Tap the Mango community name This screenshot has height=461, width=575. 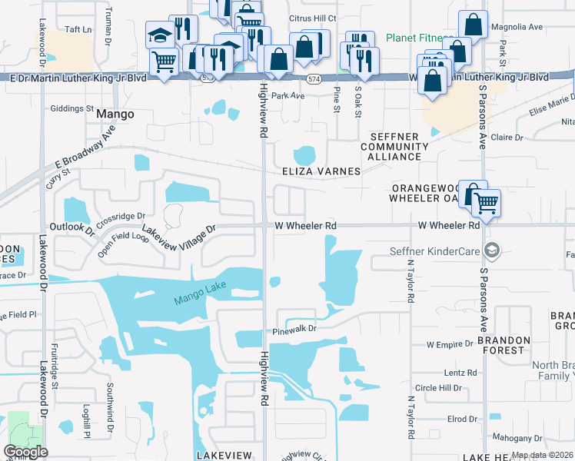(x=115, y=114)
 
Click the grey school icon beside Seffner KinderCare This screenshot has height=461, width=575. (x=490, y=250)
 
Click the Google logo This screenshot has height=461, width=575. (x=25, y=451)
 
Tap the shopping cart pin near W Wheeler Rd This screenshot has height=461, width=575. (x=486, y=204)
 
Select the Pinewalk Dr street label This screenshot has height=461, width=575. (x=295, y=331)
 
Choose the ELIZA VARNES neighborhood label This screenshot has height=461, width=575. (x=321, y=171)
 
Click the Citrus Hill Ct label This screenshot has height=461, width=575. (x=311, y=18)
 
